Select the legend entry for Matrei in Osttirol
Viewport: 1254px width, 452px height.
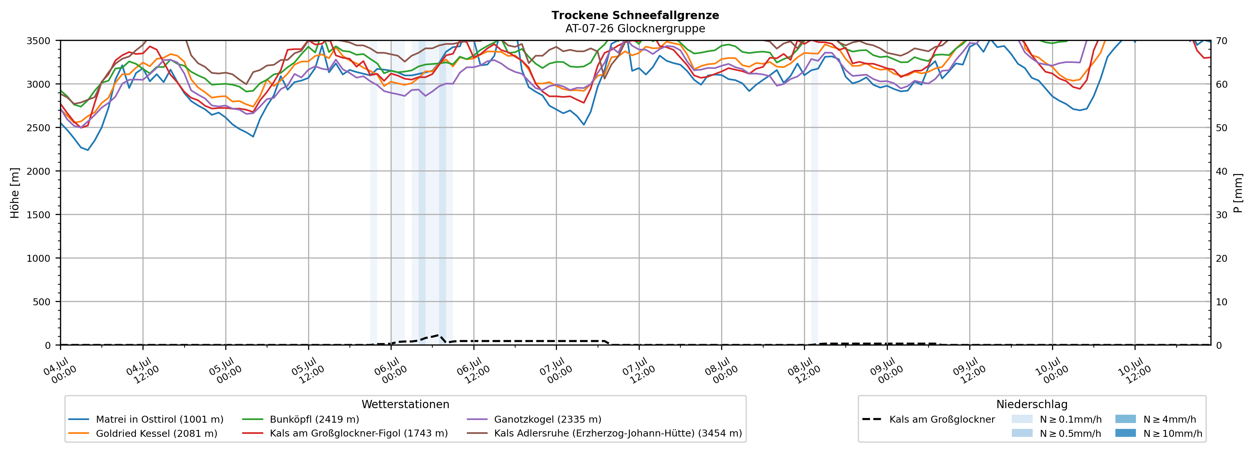coord(146,419)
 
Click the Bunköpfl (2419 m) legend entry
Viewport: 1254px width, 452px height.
coord(301,419)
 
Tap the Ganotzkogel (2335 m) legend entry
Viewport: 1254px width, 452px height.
coord(534,419)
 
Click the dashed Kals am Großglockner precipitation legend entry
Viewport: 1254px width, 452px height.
coord(928,419)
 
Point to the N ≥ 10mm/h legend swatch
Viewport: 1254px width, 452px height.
coord(1125,433)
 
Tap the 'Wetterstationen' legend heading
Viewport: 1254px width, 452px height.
coord(405,404)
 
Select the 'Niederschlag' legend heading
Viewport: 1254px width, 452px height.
coord(1032,404)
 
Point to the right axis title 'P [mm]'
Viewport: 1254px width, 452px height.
coord(1238,193)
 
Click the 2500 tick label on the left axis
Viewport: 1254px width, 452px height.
coord(39,128)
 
